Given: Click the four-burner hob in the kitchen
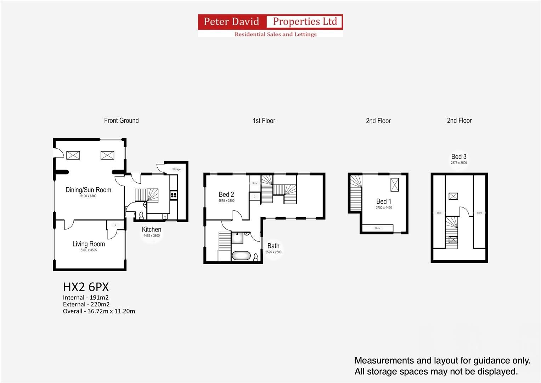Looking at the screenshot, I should (174, 195).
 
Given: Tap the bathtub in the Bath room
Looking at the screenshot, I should (241, 256).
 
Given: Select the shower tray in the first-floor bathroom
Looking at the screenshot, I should (237, 238).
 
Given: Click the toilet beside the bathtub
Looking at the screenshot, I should (256, 257).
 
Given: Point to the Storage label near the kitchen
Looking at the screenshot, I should (176, 169).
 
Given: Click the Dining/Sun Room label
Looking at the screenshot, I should (88, 190).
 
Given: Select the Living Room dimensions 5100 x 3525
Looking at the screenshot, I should (89, 250).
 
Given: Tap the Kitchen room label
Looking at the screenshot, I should (151, 229).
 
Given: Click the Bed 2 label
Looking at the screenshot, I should (226, 194).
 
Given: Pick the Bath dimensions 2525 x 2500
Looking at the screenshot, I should (273, 252).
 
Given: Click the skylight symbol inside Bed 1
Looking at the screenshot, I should (394, 185).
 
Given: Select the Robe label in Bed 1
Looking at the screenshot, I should (378, 228).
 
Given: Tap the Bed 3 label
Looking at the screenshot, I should (459, 156).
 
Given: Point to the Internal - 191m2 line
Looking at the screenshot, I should (86, 298).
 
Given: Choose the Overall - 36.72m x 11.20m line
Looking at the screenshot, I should (99, 311).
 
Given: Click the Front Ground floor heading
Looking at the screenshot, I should (121, 121).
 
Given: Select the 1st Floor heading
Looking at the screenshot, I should (264, 121).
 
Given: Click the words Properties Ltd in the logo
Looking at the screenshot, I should (305, 22).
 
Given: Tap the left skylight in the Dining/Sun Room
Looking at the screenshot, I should (73, 155).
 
